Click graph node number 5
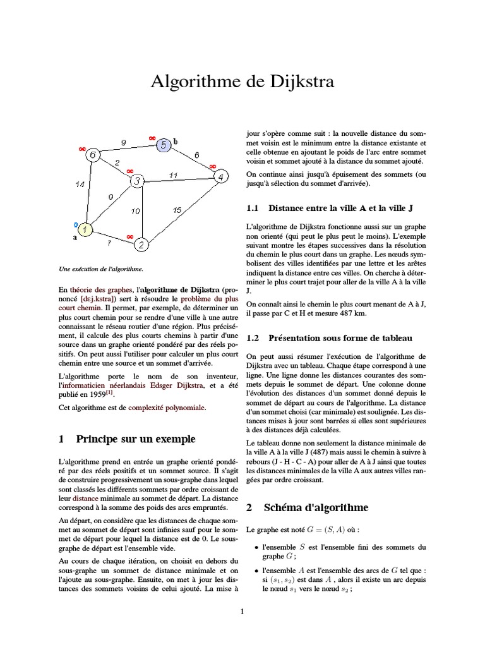tap(162, 145)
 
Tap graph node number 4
tap(220, 176)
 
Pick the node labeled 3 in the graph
tap(136, 182)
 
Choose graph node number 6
tap(93, 155)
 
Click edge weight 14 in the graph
tap(80, 184)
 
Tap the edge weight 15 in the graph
tap(177, 209)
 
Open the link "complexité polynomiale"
tap(167, 408)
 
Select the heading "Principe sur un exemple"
tap(135, 439)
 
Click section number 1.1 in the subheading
tap(253, 208)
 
